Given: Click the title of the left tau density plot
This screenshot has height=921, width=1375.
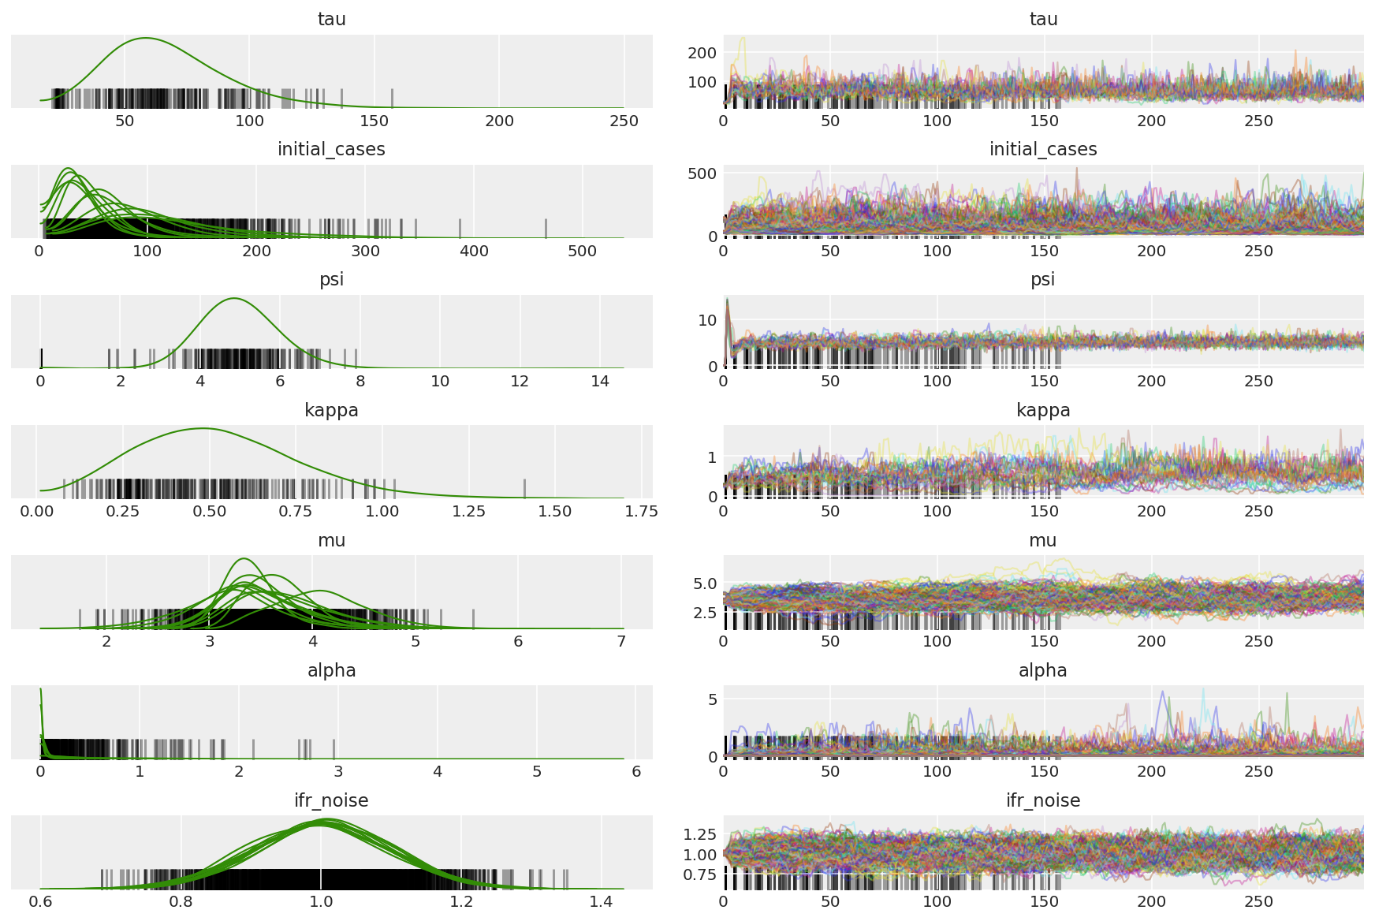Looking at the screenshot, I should (x=331, y=19).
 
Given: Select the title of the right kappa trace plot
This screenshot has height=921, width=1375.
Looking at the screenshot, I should (x=1042, y=410).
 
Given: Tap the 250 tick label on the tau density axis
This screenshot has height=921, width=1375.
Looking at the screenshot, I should (x=624, y=121).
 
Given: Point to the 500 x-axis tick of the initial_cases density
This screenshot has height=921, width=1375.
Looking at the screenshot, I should (x=582, y=251).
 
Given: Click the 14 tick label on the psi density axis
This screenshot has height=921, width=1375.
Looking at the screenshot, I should (x=600, y=381).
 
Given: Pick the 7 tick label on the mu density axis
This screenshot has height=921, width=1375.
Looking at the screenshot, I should (x=621, y=641).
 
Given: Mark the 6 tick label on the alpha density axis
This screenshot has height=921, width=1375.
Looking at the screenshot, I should (x=635, y=771).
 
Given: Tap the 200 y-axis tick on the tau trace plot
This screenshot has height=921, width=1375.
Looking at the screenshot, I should (x=702, y=53).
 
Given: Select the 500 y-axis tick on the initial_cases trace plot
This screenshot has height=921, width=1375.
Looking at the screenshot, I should (x=702, y=173).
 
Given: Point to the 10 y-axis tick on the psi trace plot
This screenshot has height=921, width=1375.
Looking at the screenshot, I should (x=707, y=319).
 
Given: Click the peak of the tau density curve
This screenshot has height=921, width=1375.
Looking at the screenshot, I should (x=146, y=38).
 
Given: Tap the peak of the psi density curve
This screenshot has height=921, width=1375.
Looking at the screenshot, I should (x=234, y=298).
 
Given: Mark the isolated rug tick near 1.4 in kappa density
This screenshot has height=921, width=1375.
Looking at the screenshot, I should (x=525, y=488).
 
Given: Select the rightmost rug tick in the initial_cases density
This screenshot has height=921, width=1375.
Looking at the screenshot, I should (x=546, y=228).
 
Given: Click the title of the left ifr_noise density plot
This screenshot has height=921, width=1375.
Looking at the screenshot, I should (x=331, y=800).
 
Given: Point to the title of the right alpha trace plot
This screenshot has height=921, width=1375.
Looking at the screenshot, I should (x=1042, y=670).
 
